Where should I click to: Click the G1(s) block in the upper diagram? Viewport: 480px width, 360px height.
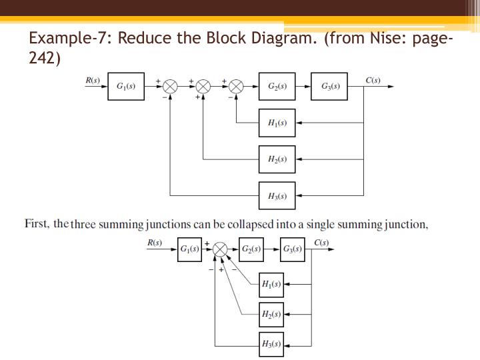126,87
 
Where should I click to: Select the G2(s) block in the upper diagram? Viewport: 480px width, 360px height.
277,87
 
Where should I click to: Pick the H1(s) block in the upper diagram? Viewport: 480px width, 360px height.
277,123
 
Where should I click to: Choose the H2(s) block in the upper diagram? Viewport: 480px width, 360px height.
277,159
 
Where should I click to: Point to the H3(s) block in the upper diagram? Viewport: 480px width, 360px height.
277,196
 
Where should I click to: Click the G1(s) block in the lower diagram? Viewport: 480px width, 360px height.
189,249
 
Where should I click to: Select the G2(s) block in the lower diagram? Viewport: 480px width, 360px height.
251,249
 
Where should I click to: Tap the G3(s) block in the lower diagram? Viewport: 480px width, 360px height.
292,249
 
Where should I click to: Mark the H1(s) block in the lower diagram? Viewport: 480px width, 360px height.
271,284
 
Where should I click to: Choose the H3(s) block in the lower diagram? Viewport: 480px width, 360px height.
271,345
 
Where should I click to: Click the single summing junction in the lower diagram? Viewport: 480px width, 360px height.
220,250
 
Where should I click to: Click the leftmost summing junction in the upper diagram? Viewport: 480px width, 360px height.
171,87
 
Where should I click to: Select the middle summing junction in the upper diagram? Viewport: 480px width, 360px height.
203,87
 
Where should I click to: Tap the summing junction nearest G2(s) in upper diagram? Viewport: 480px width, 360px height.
237,87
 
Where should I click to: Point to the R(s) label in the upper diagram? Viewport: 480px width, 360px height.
93,80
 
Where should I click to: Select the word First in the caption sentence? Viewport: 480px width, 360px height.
37,224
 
